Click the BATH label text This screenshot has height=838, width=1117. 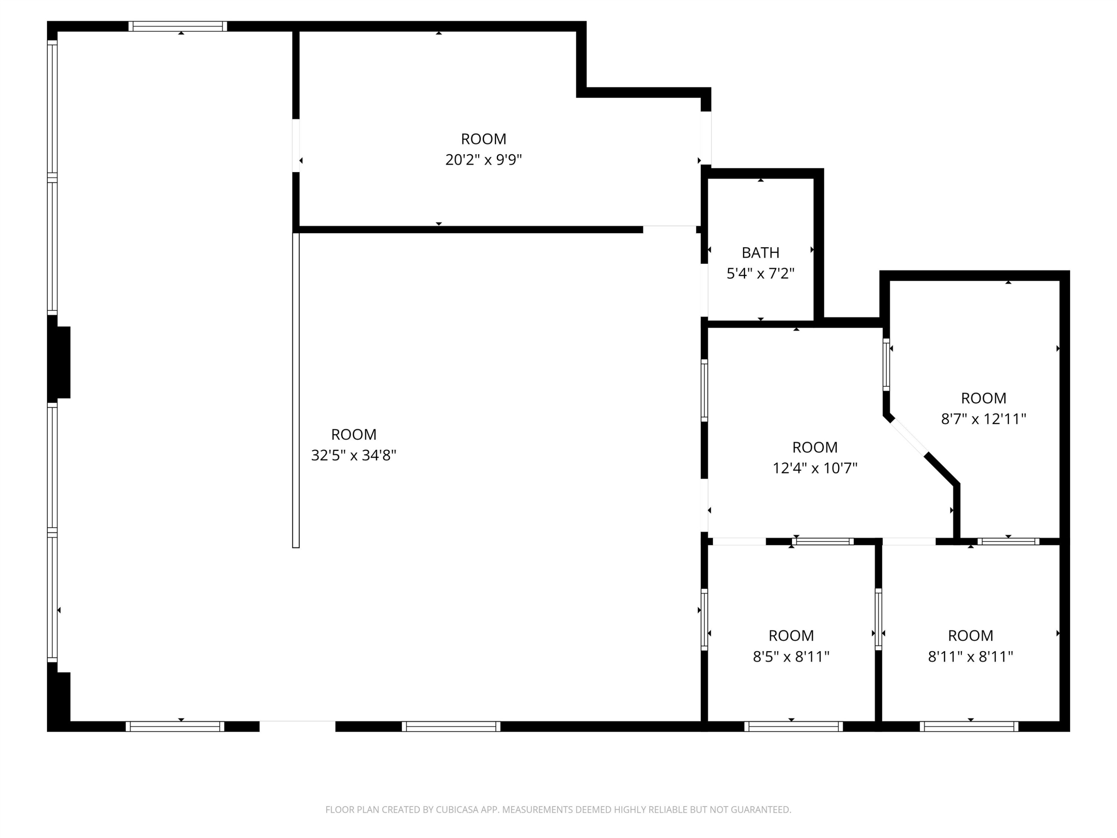[760, 253]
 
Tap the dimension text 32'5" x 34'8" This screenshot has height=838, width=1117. [353, 455]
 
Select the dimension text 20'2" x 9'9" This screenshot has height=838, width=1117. [483, 160]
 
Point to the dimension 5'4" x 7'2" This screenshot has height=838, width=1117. [760, 274]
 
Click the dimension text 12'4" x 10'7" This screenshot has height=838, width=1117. [815, 468]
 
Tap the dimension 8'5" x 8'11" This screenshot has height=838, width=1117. [791, 657]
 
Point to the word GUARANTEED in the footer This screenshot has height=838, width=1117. [760, 810]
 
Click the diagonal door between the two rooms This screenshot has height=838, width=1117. [908, 438]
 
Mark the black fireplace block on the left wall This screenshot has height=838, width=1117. [59, 362]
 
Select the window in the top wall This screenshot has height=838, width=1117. [177, 26]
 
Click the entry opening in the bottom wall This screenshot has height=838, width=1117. [297, 726]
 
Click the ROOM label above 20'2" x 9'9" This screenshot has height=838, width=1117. [483, 139]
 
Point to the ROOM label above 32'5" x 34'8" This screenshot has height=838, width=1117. [353, 434]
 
